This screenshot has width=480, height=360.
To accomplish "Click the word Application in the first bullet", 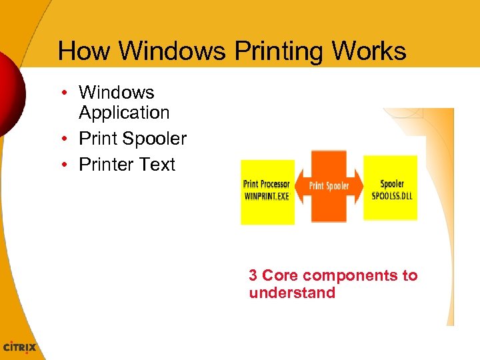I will [124, 113].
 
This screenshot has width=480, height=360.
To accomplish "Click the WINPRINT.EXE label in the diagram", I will [267, 196].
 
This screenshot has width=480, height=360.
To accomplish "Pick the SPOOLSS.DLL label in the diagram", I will [391, 196].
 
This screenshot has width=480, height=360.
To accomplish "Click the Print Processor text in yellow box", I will [267, 184].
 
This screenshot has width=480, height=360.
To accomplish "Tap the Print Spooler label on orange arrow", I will [329, 186].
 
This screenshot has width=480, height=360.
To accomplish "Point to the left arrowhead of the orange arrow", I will [300, 186].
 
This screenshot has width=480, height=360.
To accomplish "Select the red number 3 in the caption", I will [253, 275].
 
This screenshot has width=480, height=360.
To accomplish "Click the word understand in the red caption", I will [292, 293].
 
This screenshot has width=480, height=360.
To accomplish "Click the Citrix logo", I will [20, 347].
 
